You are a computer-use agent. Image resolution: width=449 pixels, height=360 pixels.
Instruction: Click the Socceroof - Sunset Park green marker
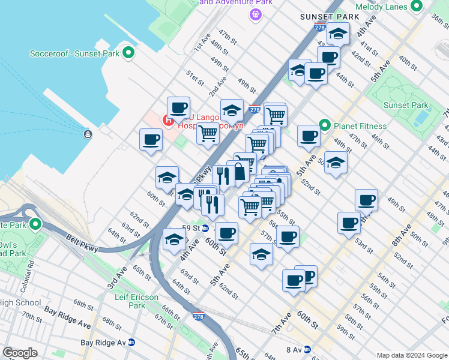click(x=128, y=53)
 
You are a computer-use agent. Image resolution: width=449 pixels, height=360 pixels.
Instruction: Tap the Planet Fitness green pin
click(x=325, y=126)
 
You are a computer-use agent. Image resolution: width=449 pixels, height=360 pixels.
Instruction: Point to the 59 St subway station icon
click(x=205, y=228)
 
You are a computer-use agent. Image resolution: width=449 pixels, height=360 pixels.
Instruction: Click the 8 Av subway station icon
click(x=307, y=349)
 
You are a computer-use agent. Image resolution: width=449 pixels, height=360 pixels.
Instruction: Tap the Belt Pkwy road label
click(x=82, y=242)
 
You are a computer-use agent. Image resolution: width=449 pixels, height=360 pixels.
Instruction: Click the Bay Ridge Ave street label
click(x=67, y=318)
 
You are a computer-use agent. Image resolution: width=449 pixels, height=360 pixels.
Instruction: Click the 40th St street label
click(x=408, y=62)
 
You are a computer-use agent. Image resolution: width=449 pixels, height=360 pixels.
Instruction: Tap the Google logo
click(x=20, y=353)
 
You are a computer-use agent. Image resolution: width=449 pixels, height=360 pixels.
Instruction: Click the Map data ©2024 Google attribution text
click(x=411, y=355)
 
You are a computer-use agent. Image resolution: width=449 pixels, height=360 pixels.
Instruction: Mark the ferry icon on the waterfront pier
click(x=88, y=133)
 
